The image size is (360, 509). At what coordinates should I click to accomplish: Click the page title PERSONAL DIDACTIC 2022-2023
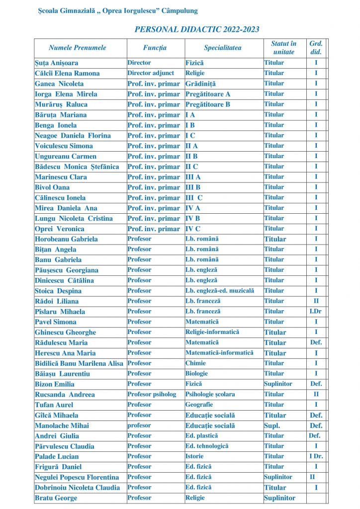(x=197, y=30)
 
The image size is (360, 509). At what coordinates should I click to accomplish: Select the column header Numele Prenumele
(x=78, y=48)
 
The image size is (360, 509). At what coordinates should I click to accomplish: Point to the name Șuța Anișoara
(x=56, y=63)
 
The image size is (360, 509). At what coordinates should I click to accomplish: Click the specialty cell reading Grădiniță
(x=201, y=84)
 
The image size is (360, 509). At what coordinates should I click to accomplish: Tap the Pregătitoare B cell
(x=208, y=104)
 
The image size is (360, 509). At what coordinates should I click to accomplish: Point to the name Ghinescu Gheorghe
(x=65, y=333)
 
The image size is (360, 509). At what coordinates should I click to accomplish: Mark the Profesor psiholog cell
(x=152, y=394)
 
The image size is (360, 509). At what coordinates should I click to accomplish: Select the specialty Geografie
(x=199, y=405)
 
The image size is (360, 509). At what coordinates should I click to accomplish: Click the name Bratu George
(x=56, y=498)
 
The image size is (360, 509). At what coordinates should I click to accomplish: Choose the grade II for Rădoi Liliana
(x=316, y=301)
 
